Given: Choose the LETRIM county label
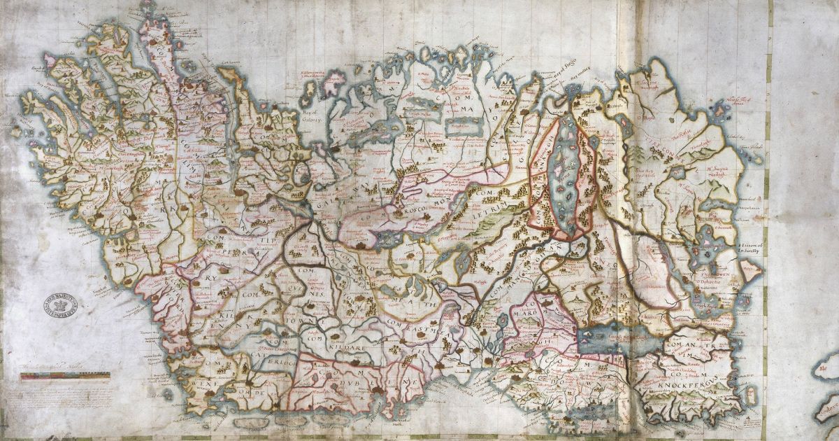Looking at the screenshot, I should coord(489,206).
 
